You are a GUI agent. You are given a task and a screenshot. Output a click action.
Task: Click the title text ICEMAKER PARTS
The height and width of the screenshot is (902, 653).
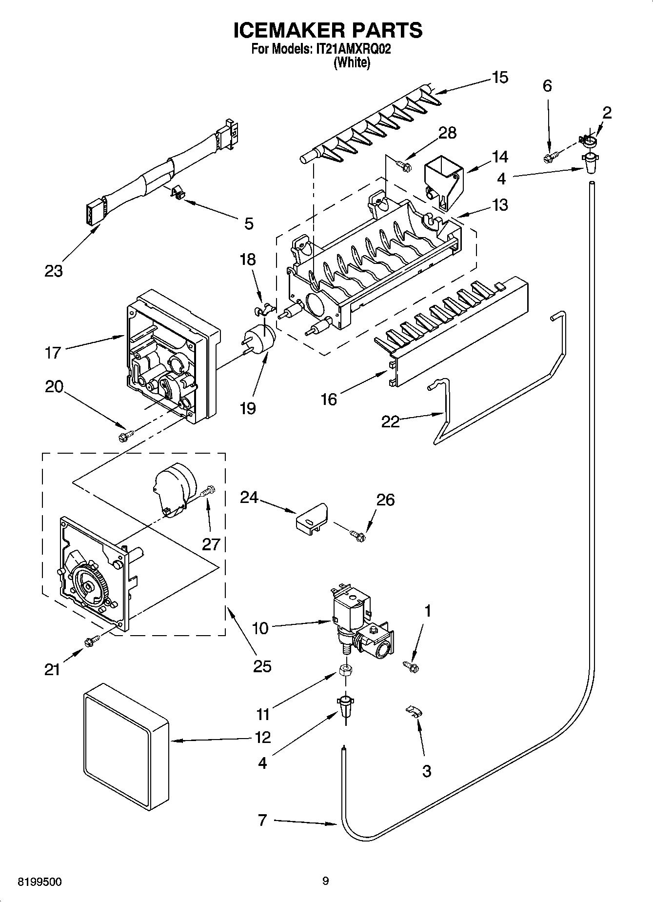coord(327,30)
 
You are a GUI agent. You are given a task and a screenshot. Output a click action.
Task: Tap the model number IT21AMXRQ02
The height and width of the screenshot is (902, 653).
coord(351,49)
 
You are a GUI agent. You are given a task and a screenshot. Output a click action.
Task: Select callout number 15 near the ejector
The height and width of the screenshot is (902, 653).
coord(500,78)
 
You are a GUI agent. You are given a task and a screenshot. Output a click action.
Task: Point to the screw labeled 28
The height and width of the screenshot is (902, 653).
coord(402,166)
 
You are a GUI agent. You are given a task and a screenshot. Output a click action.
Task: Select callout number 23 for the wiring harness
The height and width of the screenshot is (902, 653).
coord(54,271)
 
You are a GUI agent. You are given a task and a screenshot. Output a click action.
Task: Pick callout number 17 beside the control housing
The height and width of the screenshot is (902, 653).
coord(53,352)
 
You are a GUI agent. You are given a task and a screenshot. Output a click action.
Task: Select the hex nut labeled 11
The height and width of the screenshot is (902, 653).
coord(344,669)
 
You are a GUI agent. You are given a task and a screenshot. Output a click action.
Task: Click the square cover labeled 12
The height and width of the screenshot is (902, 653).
coord(126,742)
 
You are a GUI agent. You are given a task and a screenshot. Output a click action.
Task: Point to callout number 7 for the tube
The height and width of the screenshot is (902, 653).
coord(262,821)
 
